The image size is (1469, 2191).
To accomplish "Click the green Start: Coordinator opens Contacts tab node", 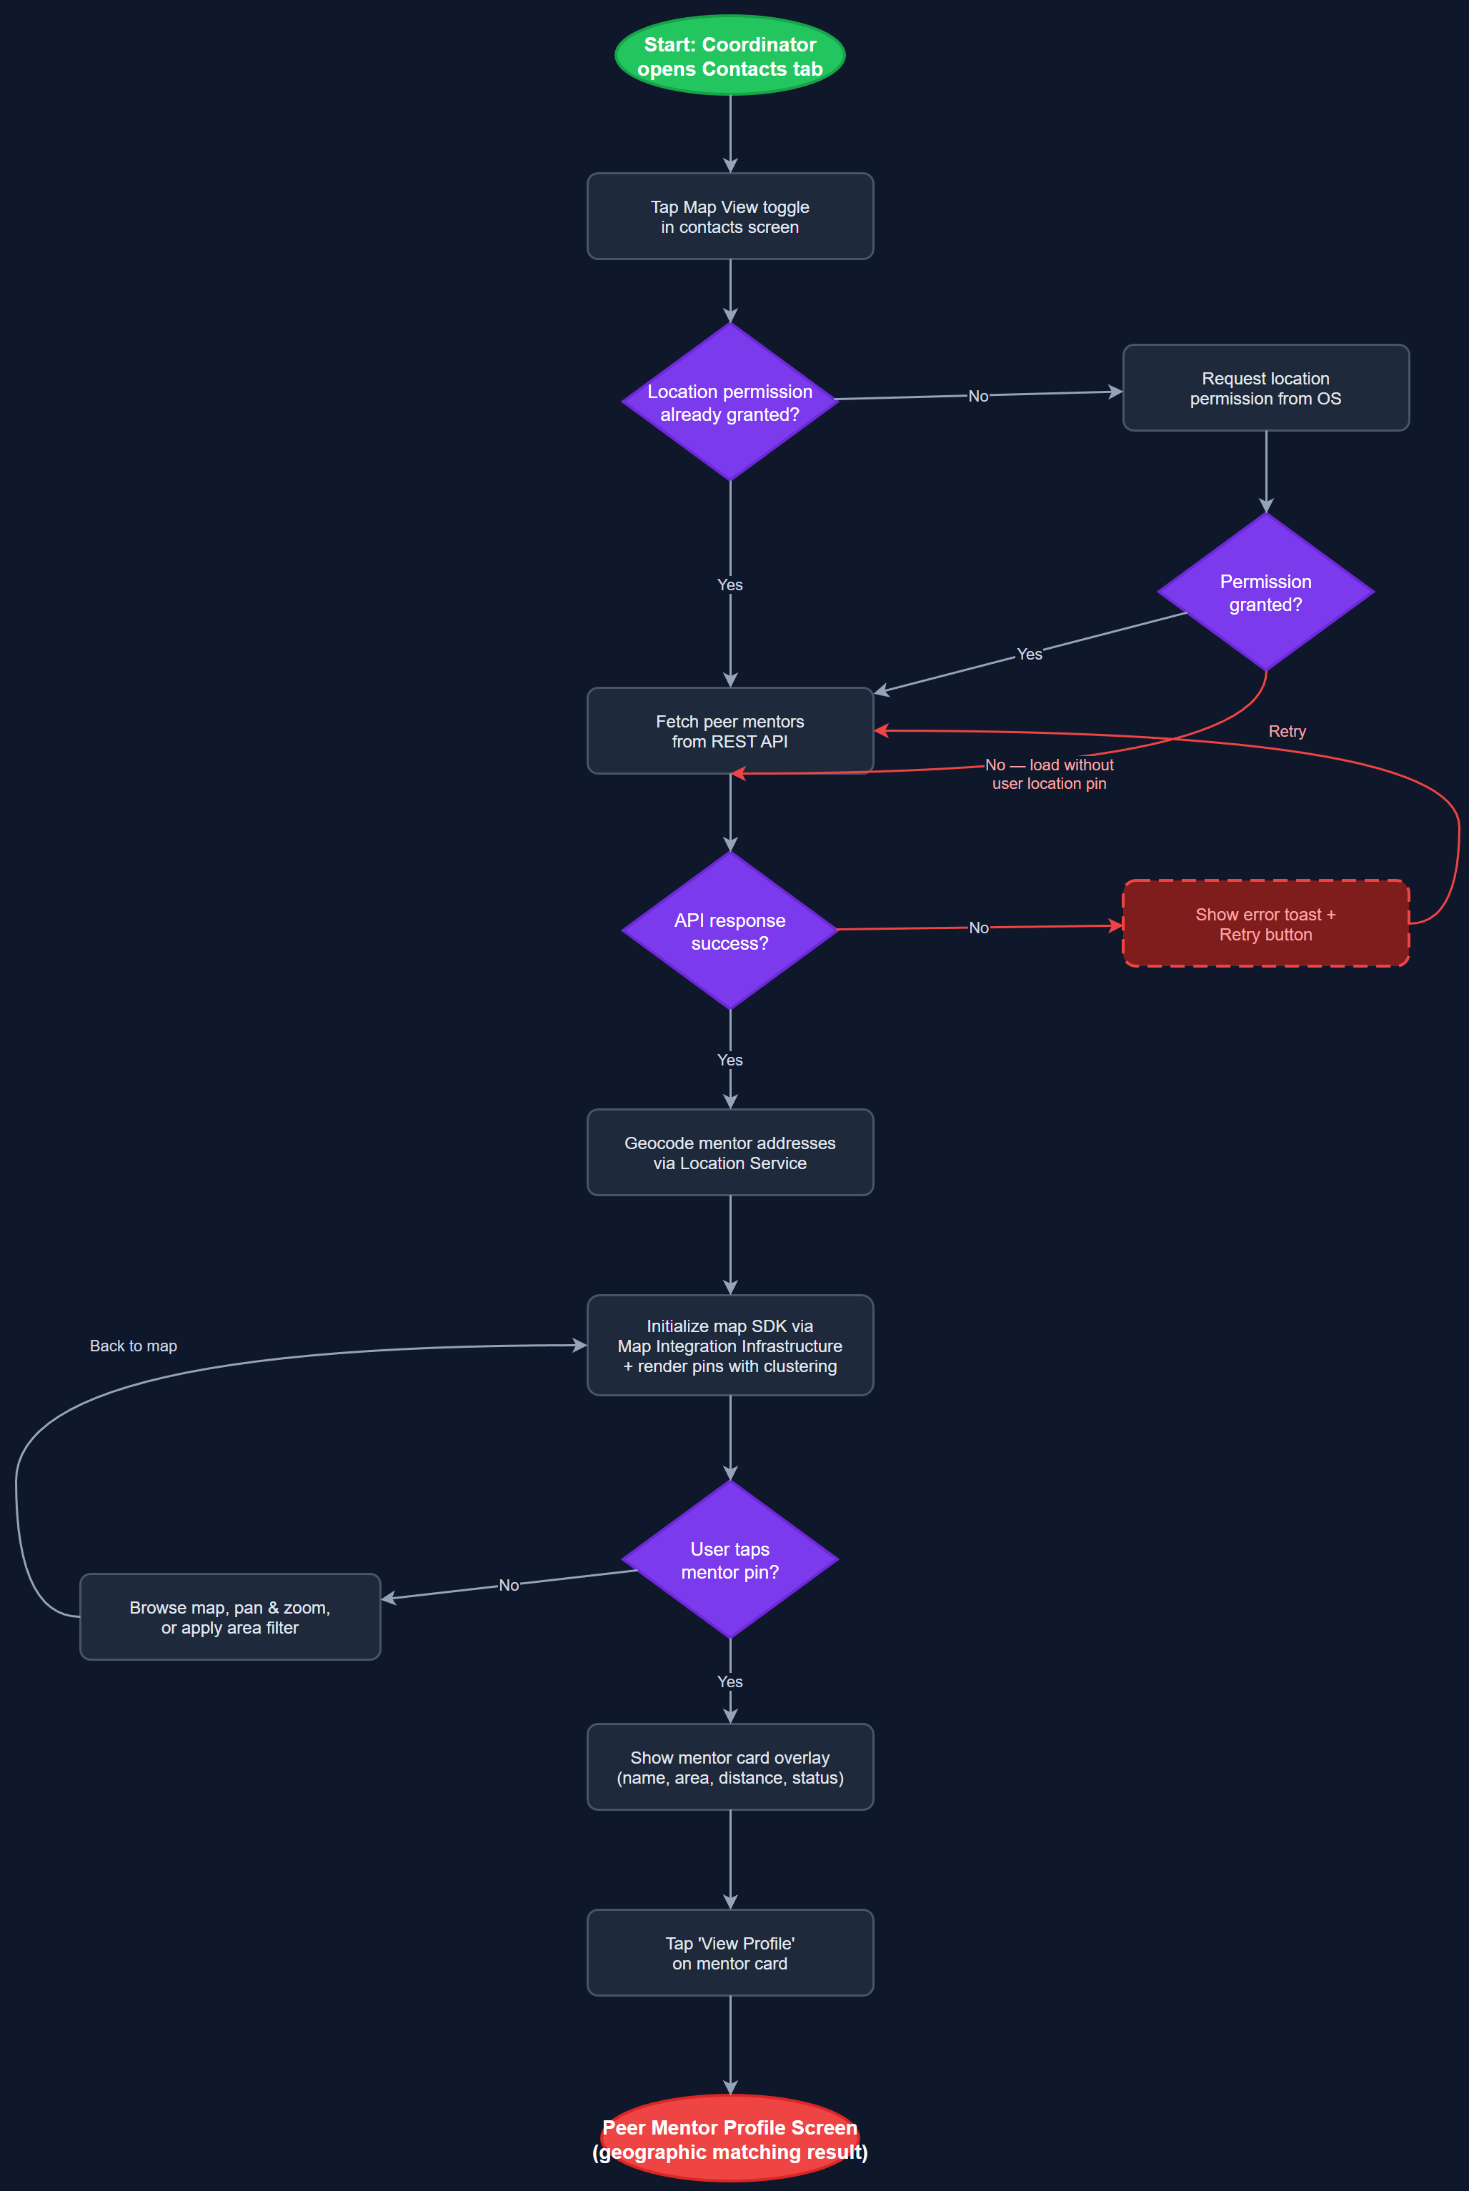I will (x=729, y=55).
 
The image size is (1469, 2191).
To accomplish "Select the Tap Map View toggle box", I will (x=729, y=217).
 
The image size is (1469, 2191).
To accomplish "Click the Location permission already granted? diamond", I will (x=729, y=403).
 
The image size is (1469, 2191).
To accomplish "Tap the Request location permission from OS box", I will (x=1265, y=388).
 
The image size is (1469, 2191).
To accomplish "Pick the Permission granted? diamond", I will (x=1265, y=592).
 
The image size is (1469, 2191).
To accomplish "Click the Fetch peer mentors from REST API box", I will (x=729, y=730).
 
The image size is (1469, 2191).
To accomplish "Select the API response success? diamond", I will (x=729, y=931).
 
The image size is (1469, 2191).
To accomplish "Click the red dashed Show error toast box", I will (x=1265, y=923).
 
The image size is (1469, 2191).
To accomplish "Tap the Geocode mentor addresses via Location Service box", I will (x=729, y=1152).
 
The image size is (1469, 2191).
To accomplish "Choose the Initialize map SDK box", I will (x=729, y=1345).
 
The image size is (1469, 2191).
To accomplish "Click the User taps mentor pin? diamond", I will (x=729, y=1560).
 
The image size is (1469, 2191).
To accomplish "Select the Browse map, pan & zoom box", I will (x=229, y=1616).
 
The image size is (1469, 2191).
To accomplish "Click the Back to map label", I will (x=133, y=1345).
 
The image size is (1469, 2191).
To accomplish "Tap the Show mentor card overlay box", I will (x=729, y=1767).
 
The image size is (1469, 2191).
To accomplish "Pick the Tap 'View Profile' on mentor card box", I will (x=729, y=1952).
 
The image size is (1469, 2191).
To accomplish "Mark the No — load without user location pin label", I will (x=1050, y=774).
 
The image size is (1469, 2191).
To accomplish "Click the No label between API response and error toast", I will (x=978, y=928).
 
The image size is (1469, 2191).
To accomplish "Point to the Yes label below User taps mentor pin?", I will (x=729, y=1681).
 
